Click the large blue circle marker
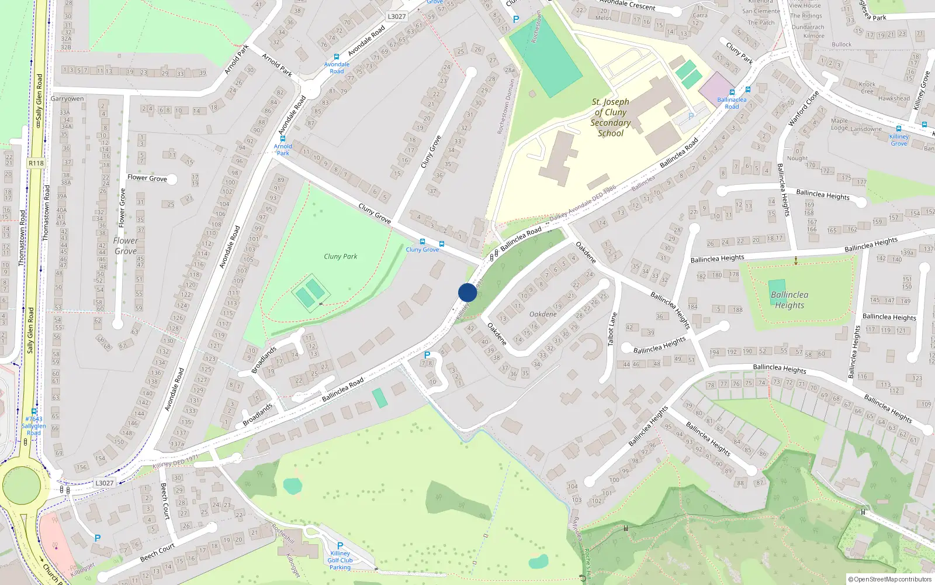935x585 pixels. (x=467, y=292)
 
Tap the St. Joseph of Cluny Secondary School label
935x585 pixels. (x=611, y=118)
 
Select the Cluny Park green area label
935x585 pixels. (x=340, y=256)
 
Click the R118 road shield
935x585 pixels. (x=36, y=163)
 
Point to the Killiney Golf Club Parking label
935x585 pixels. (x=340, y=560)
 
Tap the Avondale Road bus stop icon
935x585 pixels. (x=337, y=57)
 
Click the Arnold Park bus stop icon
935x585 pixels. (x=283, y=139)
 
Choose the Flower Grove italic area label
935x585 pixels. (x=126, y=246)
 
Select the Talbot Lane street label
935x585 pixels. (x=612, y=329)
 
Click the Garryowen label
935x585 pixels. (x=67, y=98)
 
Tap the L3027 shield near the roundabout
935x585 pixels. (x=105, y=483)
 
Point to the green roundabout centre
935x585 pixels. (x=22, y=485)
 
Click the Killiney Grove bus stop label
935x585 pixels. (x=899, y=140)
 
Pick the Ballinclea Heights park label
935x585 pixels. (x=789, y=300)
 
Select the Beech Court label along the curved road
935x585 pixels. (x=157, y=551)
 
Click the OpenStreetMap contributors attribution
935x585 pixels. (x=889, y=579)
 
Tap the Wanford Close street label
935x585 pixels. (x=804, y=109)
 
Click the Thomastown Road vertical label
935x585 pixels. (x=46, y=213)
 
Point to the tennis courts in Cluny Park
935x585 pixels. (x=310, y=293)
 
